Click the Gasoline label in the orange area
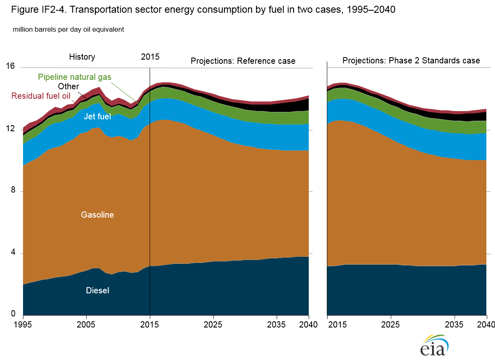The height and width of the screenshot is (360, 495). pyautogui.click(x=97, y=215)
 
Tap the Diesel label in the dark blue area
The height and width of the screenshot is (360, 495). pyautogui.click(x=97, y=290)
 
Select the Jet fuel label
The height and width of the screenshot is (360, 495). pyautogui.click(x=97, y=116)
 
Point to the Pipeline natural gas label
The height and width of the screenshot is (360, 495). pyautogui.click(x=74, y=77)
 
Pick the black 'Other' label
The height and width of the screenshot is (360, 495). pyautogui.click(x=68, y=86)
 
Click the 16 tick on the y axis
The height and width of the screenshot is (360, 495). pyautogui.click(x=10, y=66)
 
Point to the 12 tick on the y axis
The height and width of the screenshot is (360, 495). pyautogui.click(x=10, y=129)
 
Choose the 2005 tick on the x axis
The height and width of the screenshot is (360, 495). pyautogui.click(x=86, y=324)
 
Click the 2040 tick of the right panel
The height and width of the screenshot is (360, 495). pyautogui.click(x=486, y=324)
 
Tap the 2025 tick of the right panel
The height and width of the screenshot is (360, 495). pyautogui.click(x=391, y=324)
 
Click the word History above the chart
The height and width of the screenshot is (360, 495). pyautogui.click(x=82, y=57)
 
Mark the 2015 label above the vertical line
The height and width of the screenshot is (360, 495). pyautogui.click(x=150, y=57)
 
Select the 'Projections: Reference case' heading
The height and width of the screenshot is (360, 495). pyautogui.click(x=243, y=61)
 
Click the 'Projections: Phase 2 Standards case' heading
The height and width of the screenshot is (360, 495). pyautogui.click(x=411, y=60)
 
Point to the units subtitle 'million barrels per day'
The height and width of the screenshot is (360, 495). pyautogui.click(x=68, y=30)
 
